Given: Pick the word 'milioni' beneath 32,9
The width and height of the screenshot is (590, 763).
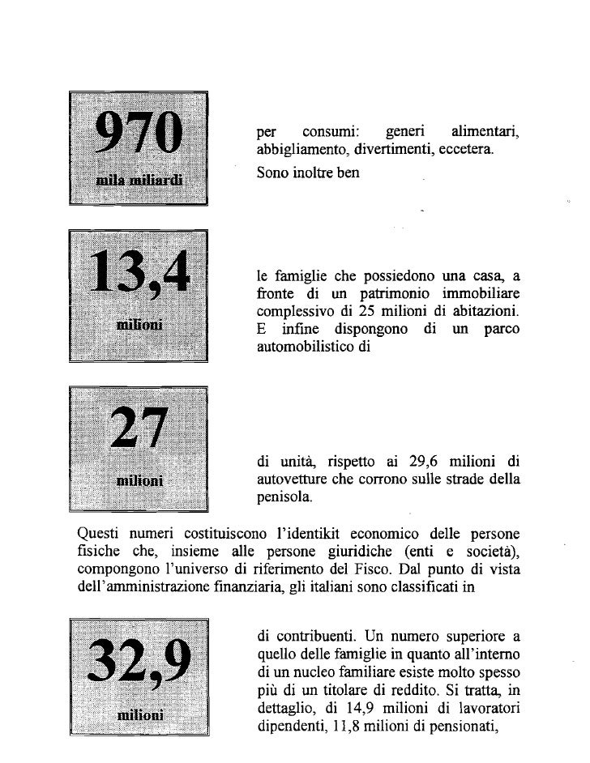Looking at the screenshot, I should (139, 716).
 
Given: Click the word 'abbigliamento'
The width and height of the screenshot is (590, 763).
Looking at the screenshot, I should (294, 151).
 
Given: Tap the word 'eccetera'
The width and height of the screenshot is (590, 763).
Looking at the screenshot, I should (466, 151).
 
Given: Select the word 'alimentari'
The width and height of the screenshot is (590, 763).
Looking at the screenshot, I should (485, 132).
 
